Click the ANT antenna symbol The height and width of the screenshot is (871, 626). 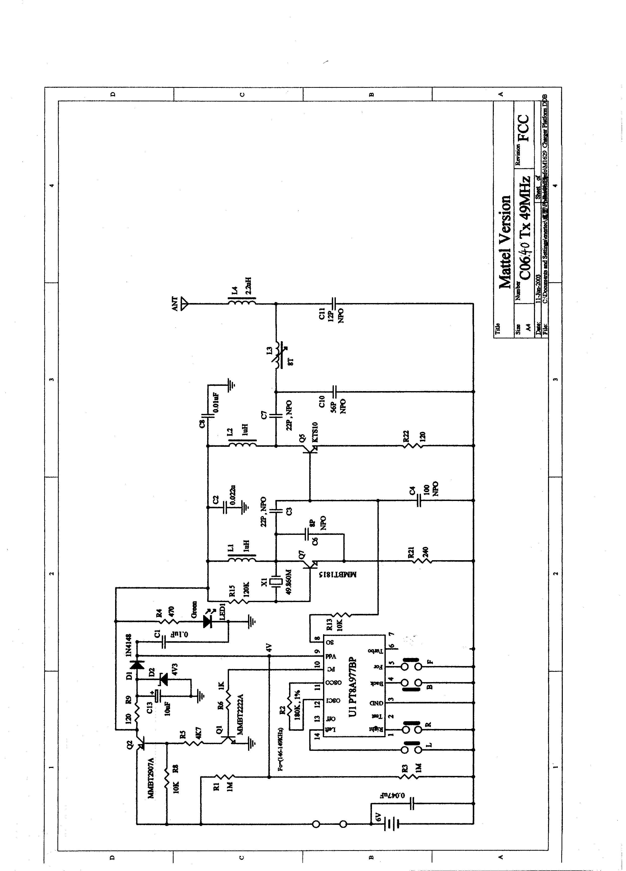click(x=184, y=303)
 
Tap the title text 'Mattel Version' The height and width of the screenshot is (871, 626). click(x=505, y=242)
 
